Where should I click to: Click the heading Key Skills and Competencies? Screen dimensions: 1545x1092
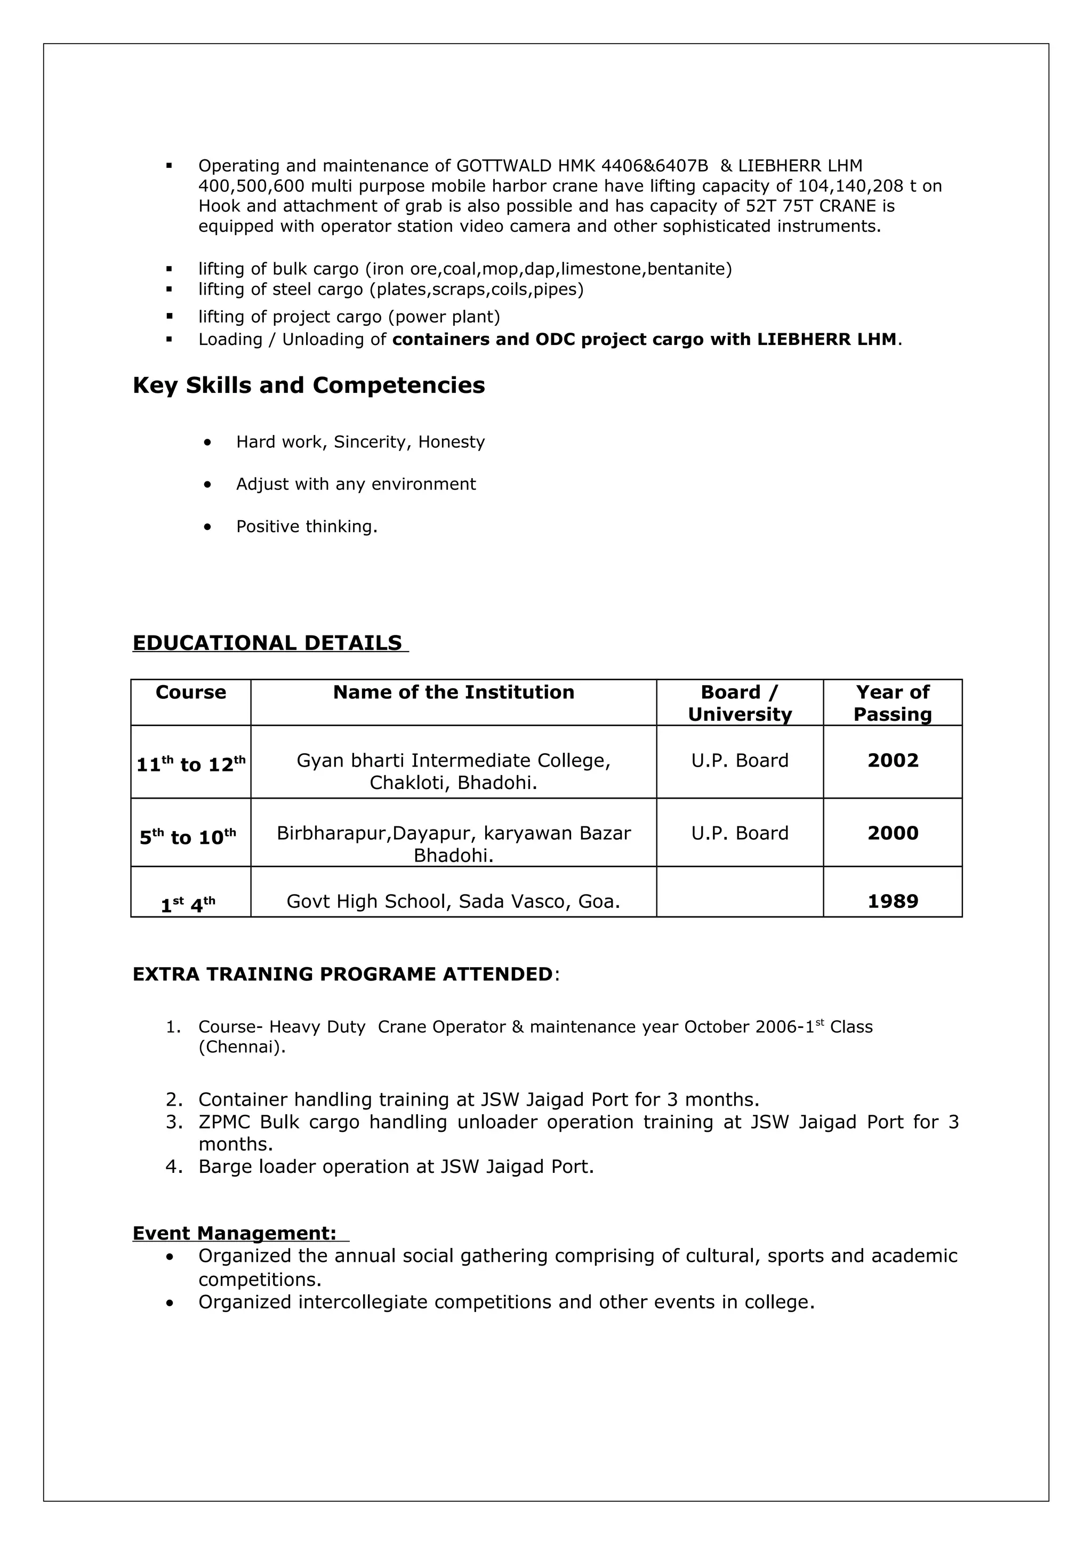(308, 385)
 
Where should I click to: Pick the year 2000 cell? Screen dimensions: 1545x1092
(892, 833)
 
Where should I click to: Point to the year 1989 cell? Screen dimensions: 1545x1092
(892, 901)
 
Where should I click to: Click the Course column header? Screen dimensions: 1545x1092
(190, 693)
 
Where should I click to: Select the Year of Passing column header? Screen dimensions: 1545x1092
(892, 703)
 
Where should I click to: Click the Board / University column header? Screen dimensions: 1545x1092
(740, 703)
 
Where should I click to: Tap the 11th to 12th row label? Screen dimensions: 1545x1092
(190, 765)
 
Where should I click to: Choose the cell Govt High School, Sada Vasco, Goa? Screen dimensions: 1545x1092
(453, 901)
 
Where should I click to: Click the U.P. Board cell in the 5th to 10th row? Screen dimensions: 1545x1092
(740, 833)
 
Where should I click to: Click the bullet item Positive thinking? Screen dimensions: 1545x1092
(306, 526)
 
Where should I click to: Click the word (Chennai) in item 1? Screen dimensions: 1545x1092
(242, 1047)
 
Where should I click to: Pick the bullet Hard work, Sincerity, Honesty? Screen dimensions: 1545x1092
(360, 442)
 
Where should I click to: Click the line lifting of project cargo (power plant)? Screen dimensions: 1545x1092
(349, 316)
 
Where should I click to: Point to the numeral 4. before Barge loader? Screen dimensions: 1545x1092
(174, 1166)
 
